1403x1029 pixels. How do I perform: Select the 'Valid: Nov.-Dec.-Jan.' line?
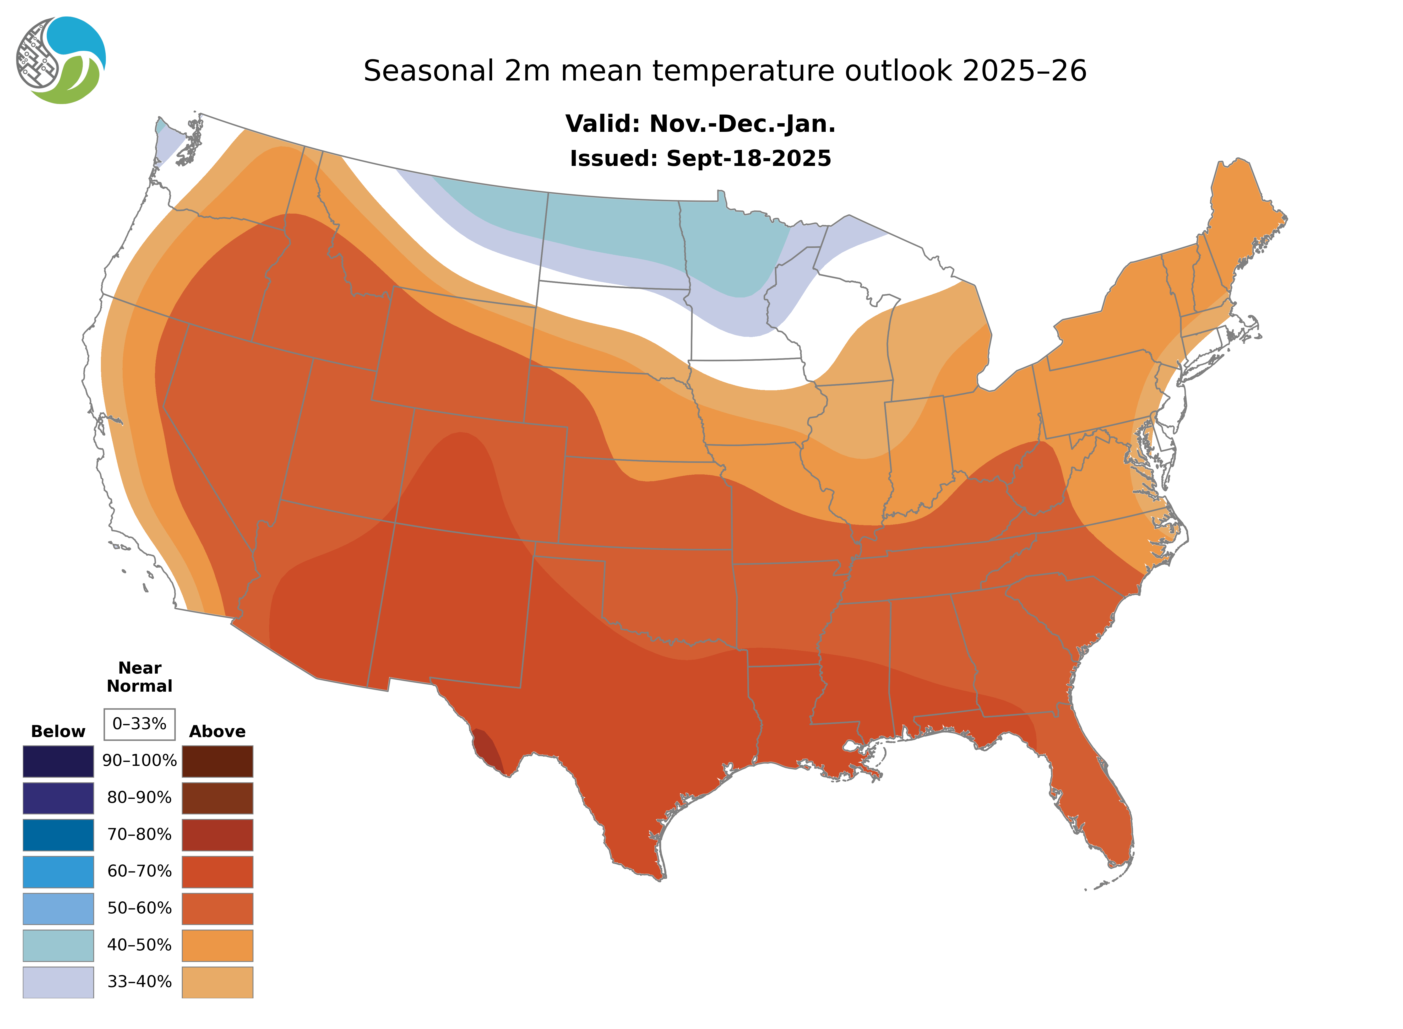click(700, 124)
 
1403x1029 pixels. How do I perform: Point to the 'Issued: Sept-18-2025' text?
click(700, 158)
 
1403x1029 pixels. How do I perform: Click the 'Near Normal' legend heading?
click(139, 677)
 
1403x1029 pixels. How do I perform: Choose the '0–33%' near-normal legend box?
click(139, 724)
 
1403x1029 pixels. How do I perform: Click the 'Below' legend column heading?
click(58, 731)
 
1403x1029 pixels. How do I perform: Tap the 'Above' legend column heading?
click(217, 731)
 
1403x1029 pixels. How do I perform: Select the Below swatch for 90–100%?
click(58, 761)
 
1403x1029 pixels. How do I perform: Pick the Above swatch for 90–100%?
click(217, 761)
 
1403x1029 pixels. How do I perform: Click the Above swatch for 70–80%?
click(217, 835)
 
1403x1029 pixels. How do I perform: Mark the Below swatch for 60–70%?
click(58, 871)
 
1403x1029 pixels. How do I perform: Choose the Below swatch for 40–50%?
click(58, 945)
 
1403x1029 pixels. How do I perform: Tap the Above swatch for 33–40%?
click(217, 982)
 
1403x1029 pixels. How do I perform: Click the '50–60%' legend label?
click(139, 908)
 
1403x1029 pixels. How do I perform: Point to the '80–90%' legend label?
click(139, 798)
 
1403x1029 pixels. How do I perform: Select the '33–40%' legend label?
click(139, 982)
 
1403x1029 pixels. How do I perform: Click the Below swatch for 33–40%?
click(58, 982)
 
